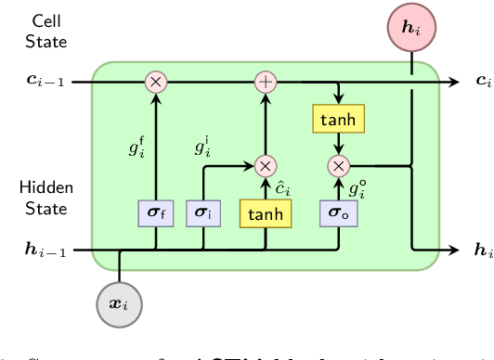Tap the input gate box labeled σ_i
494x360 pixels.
[x=202, y=213]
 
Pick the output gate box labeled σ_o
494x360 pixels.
[x=339, y=213]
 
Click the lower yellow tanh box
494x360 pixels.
[x=266, y=213]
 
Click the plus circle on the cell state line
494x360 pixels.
[x=266, y=82]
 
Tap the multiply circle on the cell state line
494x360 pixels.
[x=156, y=82]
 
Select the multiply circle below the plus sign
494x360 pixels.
[x=266, y=166]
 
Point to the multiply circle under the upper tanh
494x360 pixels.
[x=339, y=166]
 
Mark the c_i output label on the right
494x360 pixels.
[x=482, y=83]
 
